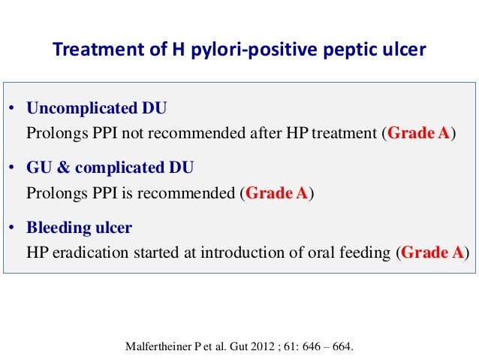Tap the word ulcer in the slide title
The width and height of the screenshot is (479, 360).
click(406, 50)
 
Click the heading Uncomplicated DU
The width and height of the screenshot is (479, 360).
click(96, 108)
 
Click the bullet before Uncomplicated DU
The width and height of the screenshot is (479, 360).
click(13, 109)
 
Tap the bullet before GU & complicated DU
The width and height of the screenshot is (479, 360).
click(13, 167)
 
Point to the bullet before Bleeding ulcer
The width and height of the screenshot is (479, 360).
click(13, 226)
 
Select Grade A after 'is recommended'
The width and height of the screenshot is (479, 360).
click(277, 193)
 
